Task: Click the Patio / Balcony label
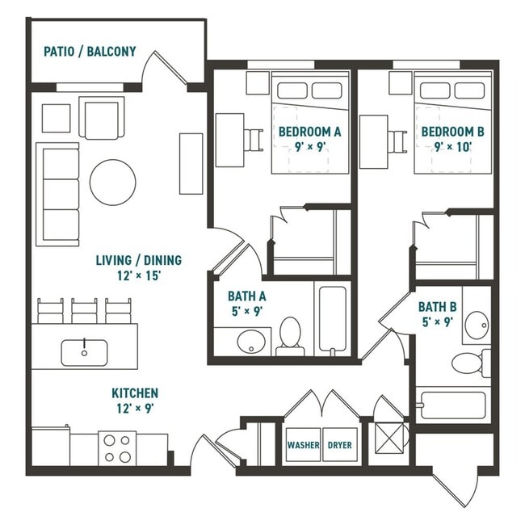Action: click(89, 52)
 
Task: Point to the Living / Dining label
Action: click(139, 267)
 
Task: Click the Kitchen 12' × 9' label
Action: click(134, 400)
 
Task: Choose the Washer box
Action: click(303, 445)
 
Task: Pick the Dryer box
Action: click(338, 445)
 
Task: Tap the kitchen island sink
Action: click(85, 351)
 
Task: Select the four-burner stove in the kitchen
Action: click(117, 447)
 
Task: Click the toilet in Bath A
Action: click(290, 335)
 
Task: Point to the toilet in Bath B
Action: click(468, 362)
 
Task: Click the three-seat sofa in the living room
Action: click(58, 195)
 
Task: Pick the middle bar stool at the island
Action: click(84, 310)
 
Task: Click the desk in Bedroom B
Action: click(373, 141)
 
